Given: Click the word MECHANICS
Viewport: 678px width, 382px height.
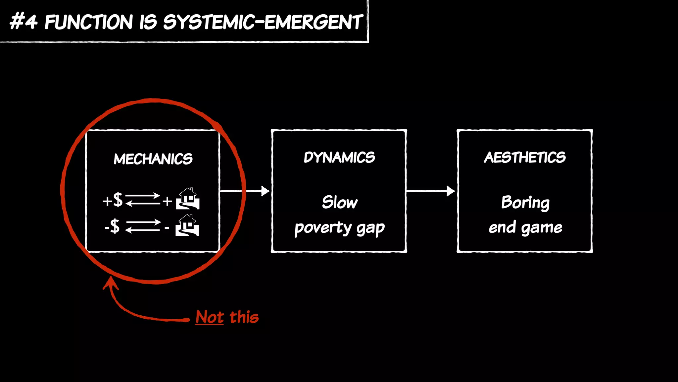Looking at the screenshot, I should click(153, 159).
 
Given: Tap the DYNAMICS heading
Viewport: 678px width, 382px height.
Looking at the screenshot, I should click(339, 158).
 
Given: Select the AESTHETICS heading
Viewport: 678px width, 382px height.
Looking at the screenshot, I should click(525, 158).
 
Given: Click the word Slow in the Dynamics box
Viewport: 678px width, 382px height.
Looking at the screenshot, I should click(340, 202).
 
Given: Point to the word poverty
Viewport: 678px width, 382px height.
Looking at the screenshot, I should click(323, 228).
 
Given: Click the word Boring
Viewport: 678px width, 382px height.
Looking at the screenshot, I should click(525, 203).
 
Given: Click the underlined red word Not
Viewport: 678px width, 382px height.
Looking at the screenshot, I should click(210, 317).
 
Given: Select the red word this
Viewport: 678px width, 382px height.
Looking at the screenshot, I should click(244, 317).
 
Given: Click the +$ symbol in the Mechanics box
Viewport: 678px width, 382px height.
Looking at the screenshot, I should click(113, 200).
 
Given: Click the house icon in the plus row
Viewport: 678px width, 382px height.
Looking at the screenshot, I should click(188, 199).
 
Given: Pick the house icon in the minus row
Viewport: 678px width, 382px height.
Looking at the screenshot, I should click(187, 225).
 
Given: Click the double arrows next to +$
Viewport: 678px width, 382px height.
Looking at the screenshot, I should click(143, 200).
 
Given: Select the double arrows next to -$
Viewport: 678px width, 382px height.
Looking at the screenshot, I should click(143, 226).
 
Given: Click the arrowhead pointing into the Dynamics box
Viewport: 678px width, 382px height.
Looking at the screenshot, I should click(265, 191).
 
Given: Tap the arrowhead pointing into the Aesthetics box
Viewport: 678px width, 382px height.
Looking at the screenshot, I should click(450, 191).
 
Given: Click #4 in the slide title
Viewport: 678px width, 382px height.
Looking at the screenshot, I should click(23, 22).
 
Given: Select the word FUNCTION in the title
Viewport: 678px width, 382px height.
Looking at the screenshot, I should click(89, 22).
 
